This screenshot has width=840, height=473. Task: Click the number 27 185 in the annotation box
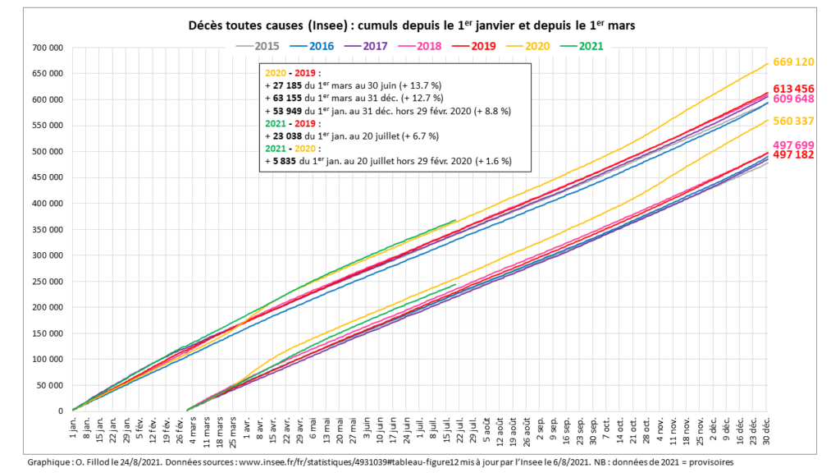click(x=288, y=85)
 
